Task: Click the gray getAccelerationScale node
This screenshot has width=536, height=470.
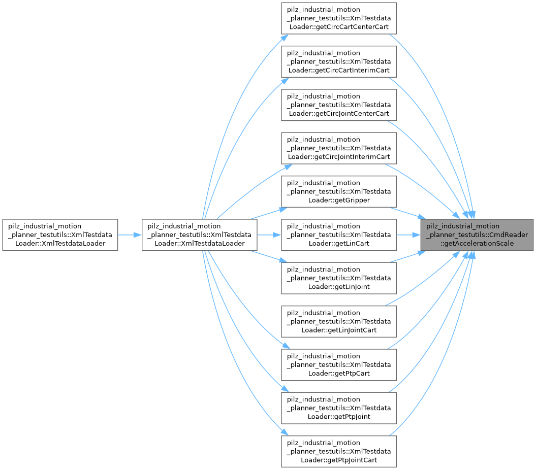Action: [x=477, y=234]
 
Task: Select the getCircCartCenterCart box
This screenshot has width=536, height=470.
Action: [x=339, y=18]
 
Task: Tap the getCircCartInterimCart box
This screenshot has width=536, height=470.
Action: [x=339, y=61]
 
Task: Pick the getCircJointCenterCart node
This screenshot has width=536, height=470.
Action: [x=339, y=105]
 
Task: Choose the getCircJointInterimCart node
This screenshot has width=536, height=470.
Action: [x=339, y=148]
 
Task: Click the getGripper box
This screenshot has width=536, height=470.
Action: [x=339, y=191]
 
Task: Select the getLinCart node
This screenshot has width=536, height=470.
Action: [x=339, y=234]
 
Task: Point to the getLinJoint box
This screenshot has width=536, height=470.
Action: [x=339, y=278]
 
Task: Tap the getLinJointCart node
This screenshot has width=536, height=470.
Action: [x=339, y=321]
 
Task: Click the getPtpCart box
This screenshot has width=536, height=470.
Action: [x=339, y=365]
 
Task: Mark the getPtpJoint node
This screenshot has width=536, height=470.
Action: [x=339, y=408]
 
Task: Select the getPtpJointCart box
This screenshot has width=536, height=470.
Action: [x=339, y=451]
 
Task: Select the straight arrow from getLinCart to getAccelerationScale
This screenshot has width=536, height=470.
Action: [x=408, y=235]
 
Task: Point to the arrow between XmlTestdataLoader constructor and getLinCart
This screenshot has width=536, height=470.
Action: [x=269, y=235]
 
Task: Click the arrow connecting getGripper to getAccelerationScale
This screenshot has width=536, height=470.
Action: [x=407, y=213]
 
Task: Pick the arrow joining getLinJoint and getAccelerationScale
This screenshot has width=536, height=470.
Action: [x=407, y=257]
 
